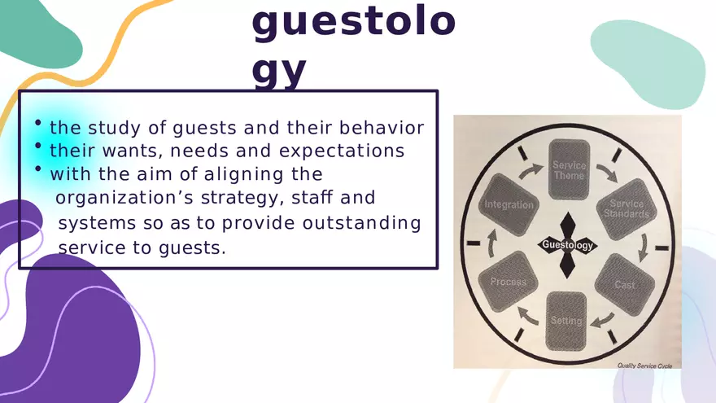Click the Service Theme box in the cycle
coord(569,170)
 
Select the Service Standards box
coord(626,209)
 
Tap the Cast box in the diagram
coord(624,284)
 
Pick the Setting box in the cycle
coord(566,321)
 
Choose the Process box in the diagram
coord(509,282)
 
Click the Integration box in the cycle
coord(509,206)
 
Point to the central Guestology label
coord(567,245)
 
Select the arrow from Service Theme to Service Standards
coord(605,173)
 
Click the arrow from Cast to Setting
coord(600,319)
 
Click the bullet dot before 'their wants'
coord(37,147)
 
